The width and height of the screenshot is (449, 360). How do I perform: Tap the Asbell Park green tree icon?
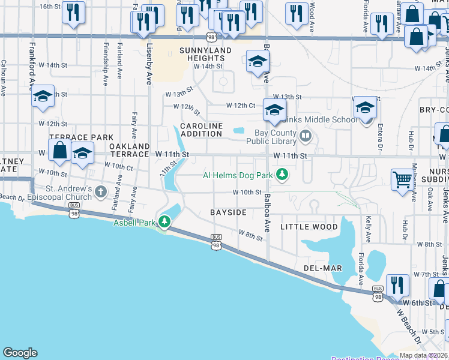coord(163,223)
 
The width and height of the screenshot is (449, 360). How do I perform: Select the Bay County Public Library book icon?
coord(306,137)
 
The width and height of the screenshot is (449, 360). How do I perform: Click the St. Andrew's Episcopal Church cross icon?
coord(101,193)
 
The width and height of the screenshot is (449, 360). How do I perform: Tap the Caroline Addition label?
coord(202,130)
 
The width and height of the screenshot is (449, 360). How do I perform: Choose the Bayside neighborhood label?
coord(228,213)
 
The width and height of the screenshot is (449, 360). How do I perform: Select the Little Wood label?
coord(309,227)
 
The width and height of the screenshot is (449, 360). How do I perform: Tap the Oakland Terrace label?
coord(130,150)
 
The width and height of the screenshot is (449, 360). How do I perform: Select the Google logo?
coord(20,353)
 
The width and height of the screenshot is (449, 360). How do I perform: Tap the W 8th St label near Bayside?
coord(251,235)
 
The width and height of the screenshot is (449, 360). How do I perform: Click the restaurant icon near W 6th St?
coord(397,285)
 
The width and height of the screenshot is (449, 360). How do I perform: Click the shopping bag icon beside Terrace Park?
coord(59,150)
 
